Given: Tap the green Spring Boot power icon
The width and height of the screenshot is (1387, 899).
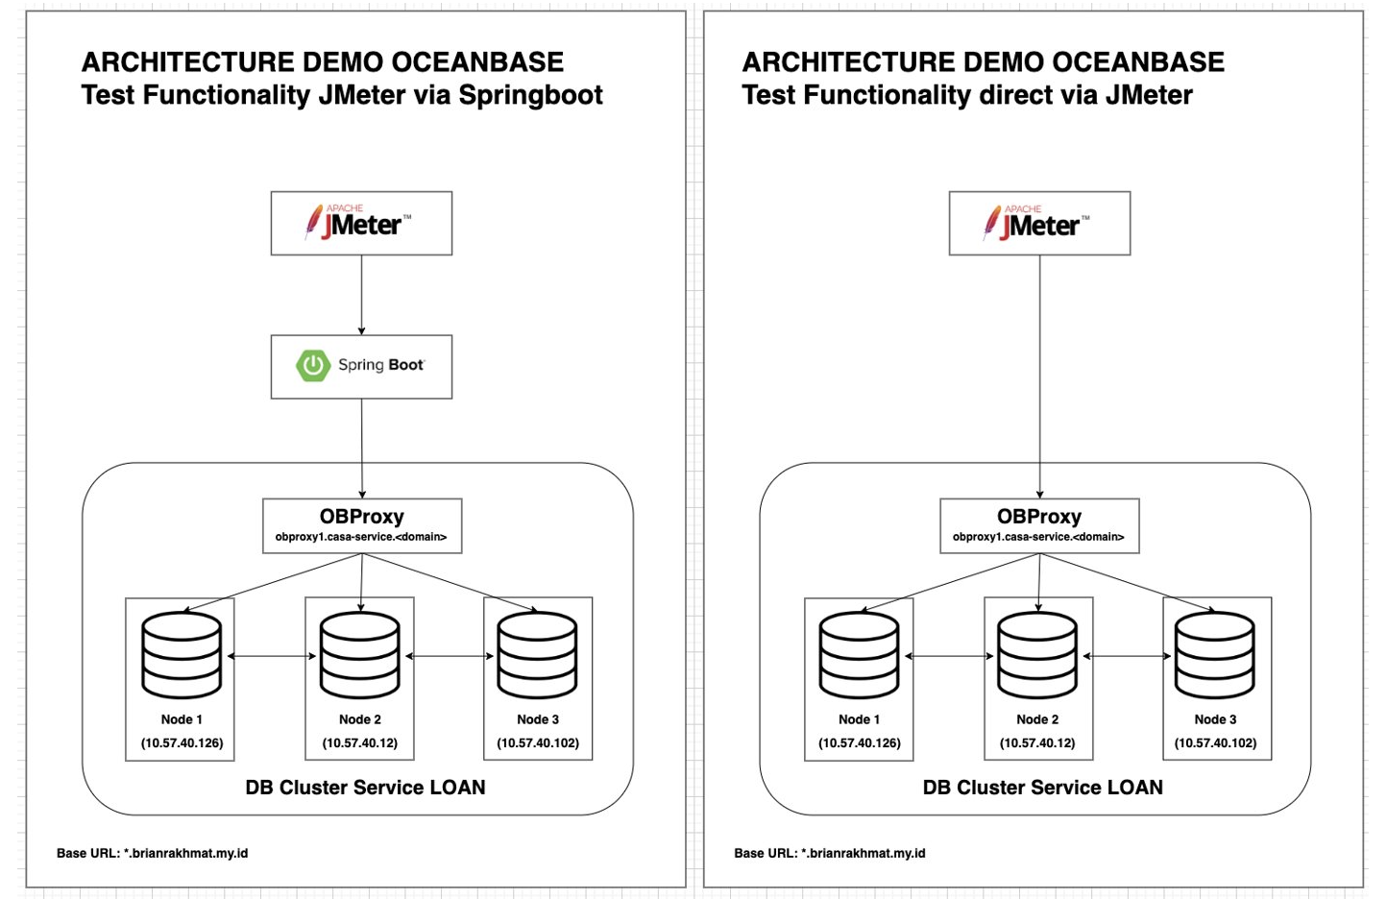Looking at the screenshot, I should [313, 366].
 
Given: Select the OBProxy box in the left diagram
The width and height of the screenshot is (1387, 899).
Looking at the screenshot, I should [362, 525].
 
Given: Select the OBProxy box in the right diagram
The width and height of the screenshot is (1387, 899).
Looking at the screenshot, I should [1039, 525].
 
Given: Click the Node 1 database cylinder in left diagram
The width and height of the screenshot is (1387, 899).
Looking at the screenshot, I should [182, 655].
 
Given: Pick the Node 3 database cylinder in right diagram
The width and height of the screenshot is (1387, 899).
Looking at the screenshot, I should [1215, 655].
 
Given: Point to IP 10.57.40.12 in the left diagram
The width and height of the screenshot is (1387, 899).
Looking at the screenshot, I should [360, 742].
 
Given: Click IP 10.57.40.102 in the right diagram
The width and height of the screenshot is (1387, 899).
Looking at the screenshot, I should [1215, 742].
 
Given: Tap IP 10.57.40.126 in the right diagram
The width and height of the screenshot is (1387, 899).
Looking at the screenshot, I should [860, 742].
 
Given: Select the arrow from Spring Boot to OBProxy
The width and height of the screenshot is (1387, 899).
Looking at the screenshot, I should [361, 447].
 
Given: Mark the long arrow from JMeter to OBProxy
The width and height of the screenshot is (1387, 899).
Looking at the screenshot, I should [1039, 375].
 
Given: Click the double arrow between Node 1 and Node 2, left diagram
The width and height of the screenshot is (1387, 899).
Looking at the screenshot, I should [271, 656].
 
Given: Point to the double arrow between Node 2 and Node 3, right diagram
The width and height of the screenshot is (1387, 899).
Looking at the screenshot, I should [1128, 656].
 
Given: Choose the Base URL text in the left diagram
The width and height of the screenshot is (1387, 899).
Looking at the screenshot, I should [152, 853].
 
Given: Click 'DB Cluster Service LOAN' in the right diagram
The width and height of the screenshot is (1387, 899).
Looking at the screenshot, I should [1042, 788].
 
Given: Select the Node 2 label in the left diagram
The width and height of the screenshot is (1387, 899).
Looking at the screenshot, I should [360, 719].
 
